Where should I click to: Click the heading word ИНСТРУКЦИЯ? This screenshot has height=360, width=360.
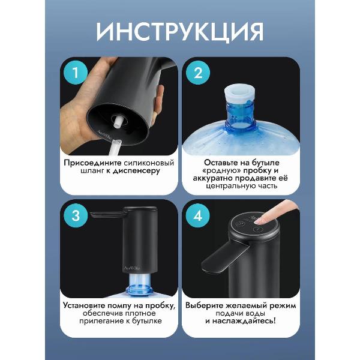(179, 31)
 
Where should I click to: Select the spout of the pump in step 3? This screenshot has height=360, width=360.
(105, 212)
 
